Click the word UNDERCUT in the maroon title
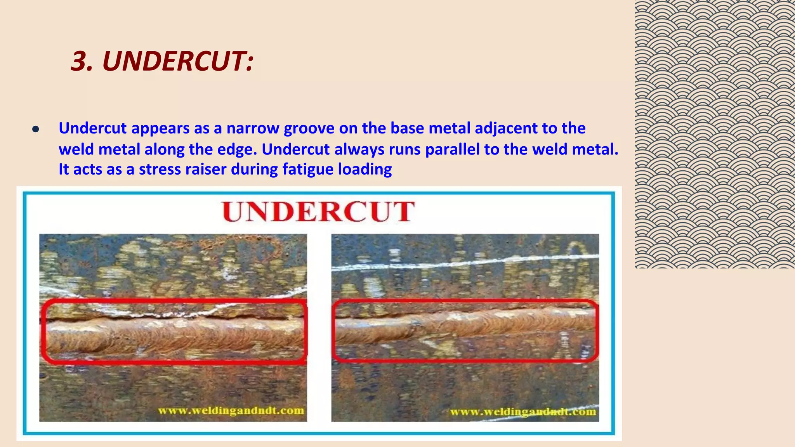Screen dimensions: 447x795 point(177,61)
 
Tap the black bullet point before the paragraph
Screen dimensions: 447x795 point(36,130)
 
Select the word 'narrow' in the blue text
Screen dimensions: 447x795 point(253,128)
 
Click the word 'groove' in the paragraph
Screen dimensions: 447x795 point(309,128)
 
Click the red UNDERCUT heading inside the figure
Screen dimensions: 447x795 point(318,211)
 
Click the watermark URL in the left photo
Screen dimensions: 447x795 point(231,411)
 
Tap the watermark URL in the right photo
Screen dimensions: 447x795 point(523,412)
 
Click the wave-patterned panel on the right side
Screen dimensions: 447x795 point(715,134)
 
